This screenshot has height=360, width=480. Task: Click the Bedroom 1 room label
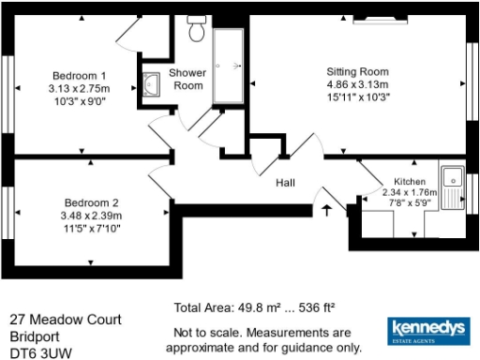[78, 76]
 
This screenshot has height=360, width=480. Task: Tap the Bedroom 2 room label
[91, 202]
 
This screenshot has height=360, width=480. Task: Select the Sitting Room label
[357, 71]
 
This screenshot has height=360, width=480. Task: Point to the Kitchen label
[410, 181]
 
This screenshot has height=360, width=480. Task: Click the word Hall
[286, 183]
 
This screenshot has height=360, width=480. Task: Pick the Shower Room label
[187, 80]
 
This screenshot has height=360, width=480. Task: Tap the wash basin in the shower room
[152, 84]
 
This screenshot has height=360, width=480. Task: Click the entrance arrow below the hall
[325, 209]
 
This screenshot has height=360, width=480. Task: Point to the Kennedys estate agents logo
[427, 333]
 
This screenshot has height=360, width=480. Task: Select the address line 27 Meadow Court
[66, 320]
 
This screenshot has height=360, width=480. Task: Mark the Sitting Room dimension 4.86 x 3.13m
[357, 83]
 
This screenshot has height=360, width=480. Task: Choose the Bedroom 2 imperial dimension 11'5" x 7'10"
[91, 227]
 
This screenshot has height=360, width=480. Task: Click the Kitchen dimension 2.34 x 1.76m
[410, 192]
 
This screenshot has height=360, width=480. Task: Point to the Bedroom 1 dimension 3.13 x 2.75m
[78, 88]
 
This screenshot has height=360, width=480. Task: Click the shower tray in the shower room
[228, 67]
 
